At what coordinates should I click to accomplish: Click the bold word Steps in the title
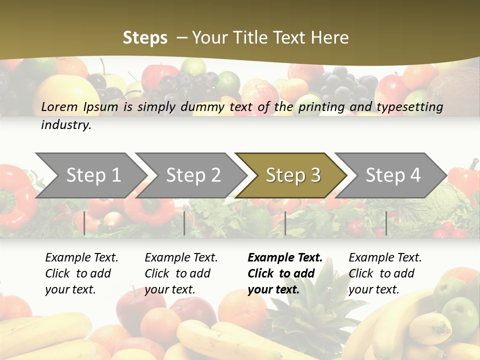145,38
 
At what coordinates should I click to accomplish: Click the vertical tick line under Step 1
84,223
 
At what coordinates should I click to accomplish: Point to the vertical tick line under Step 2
184,223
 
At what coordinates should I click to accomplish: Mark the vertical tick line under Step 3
285,223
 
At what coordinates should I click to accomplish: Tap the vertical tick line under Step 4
386,223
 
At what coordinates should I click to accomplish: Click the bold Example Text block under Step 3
285,273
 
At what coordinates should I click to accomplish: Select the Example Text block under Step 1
81,273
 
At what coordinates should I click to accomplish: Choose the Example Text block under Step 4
385,273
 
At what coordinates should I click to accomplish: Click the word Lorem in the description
60,107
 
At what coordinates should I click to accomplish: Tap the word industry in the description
66,125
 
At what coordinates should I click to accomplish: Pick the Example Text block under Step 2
181,273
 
